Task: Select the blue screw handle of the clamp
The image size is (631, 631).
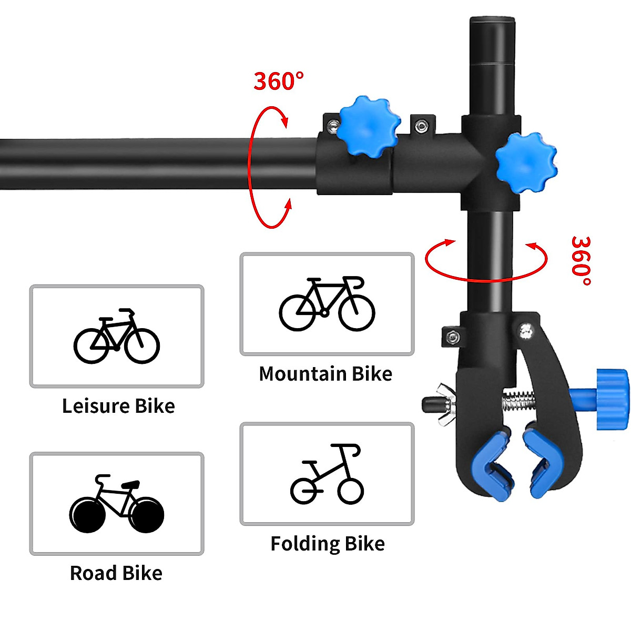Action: (x=610, y=394)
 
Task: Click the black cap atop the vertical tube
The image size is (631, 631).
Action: (x=492, y=24)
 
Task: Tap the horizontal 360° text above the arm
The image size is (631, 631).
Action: (x=279, y=81)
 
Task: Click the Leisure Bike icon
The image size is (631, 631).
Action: (x=117, y=337)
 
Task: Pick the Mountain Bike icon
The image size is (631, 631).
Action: (x=327, y=303)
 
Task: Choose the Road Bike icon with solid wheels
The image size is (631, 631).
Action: (x=117, y=503)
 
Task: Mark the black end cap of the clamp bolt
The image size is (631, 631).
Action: (x=430, y=404)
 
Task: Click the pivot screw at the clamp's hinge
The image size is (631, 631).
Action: (x=524, y=330)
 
